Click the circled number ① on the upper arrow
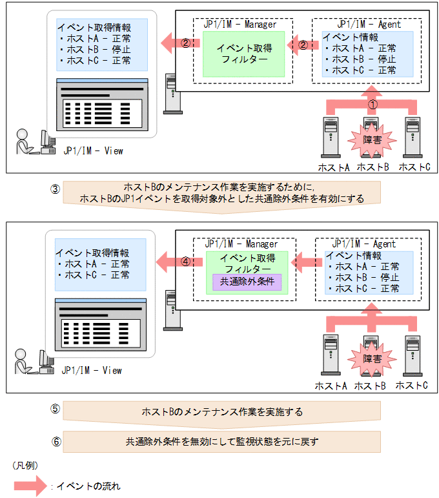373,103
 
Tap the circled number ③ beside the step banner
56,189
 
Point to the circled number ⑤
56,410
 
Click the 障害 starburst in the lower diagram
371,357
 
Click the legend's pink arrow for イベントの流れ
32,486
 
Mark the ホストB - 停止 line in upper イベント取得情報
94,50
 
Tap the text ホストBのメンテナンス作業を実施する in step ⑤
222,411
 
